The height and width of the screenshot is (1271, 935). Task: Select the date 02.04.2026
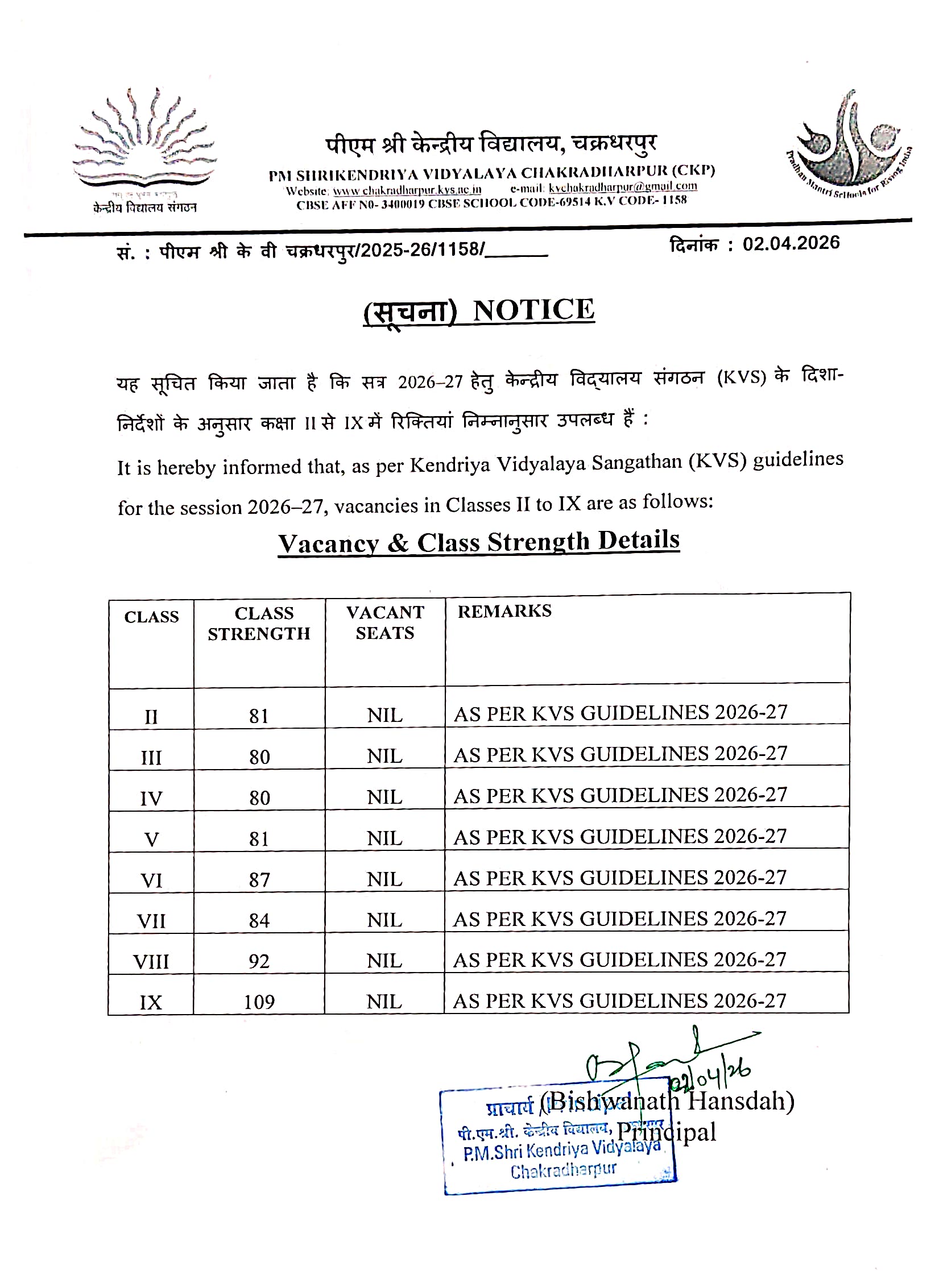click(791, 243)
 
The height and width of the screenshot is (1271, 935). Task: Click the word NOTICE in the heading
click(533, 310)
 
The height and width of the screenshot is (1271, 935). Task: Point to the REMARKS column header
click(504, 611)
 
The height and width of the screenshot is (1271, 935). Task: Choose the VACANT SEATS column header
click(385, 622)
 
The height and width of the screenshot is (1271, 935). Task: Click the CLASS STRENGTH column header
click(259, 624)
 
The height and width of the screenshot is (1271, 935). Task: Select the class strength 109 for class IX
click(259, 1002)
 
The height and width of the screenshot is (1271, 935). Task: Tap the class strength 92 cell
click(259, 961)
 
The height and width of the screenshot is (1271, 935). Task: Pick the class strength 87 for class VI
click(259, 879)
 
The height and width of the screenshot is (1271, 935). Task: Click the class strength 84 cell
click(259, 920)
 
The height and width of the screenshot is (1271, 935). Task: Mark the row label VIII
click(151, 961)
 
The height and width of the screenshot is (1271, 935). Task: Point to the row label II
click(151, 716)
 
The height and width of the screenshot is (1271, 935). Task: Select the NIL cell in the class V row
click(384, 838)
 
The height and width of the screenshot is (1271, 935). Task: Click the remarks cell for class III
click(620, 754)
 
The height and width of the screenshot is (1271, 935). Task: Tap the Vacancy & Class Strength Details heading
click(478, 541)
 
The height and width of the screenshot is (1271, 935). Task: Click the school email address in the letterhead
click(623, 186)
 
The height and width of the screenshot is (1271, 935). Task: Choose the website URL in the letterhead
click(407, 190)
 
